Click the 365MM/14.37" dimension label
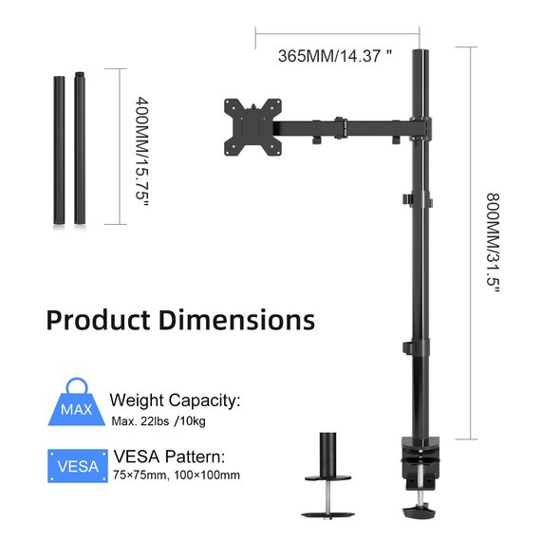coord(334,56)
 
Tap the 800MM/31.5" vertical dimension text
coord(493,243)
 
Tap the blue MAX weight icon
coord(76,409)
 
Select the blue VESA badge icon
coord(76,466)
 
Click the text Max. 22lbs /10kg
coord(162,420)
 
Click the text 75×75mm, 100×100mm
coord(176,476)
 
